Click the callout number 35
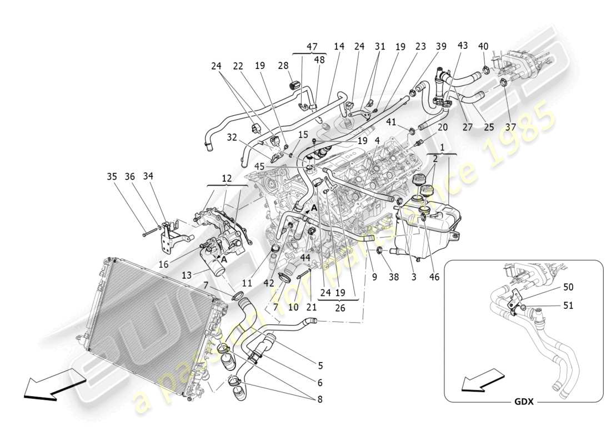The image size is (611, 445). pos(113,177)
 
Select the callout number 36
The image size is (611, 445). pos(130,177)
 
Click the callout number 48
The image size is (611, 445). pos(320,60)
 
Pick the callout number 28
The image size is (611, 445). pos(283,66)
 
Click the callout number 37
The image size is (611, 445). pos(510,127)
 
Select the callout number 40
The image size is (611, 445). pos(483,47)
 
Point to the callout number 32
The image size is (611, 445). pos(232,137)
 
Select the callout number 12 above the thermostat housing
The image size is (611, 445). pos(226,178)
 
